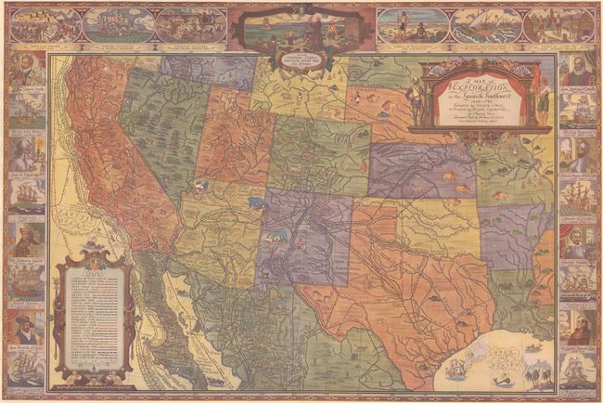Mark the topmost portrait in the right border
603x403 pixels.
(x=578, y=71)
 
